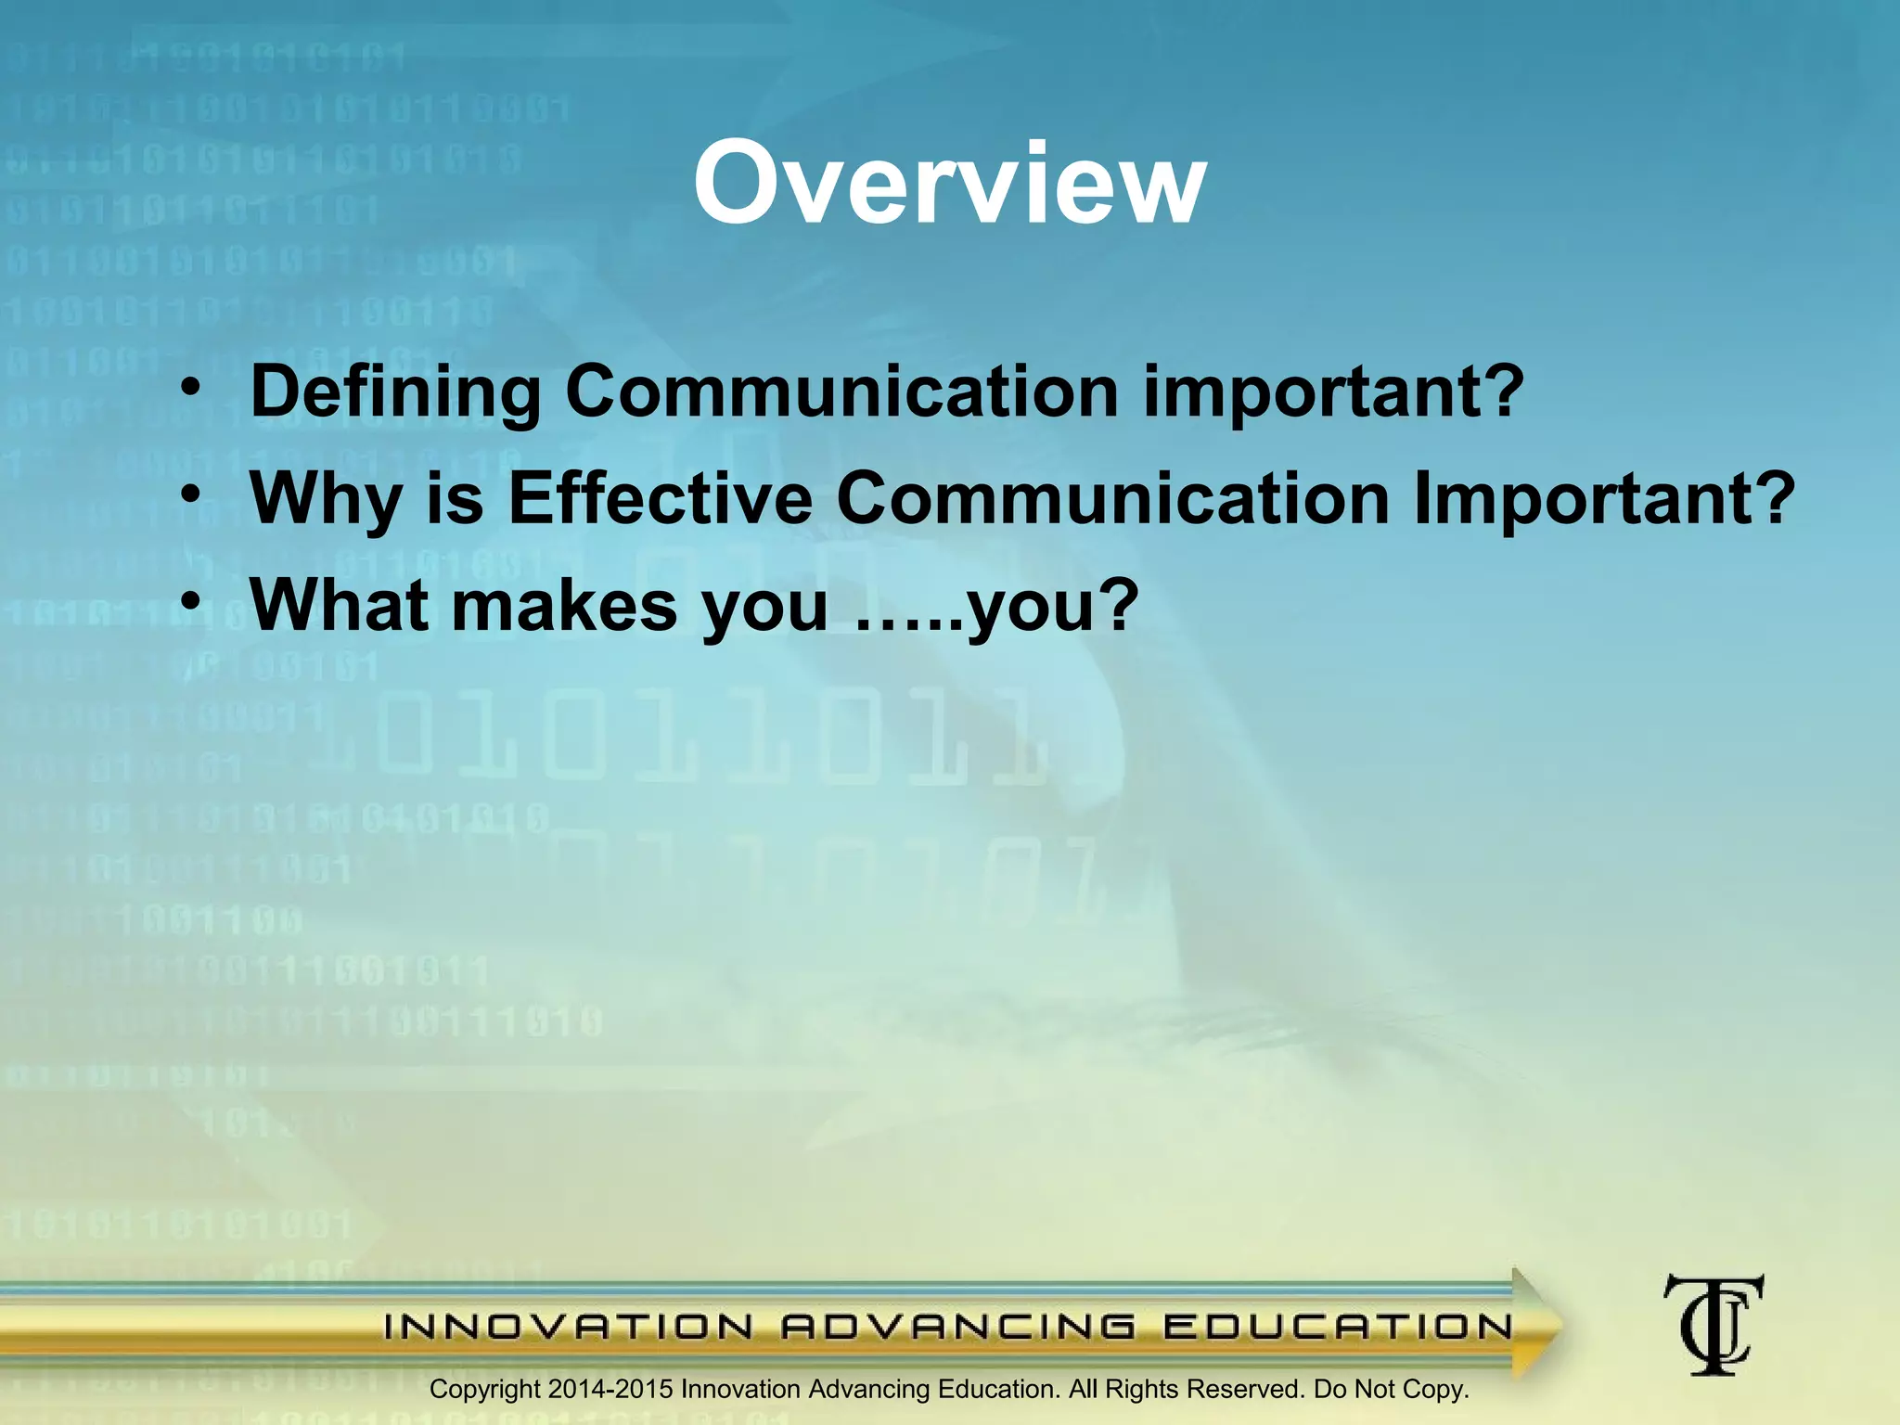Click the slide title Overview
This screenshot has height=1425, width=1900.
pyautogui.click(x=949, y=184)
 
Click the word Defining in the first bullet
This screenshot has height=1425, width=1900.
pyautogui.click(x=395, y=392)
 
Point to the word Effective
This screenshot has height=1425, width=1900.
pyautogui.click(x=660, y=499)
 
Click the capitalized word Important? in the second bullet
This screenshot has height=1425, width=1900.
pyautogui.click(x=1604, y=499)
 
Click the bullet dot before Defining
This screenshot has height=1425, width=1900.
pyautogui.click(x=190, y=388)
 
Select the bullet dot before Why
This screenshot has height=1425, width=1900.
pyautogui.click(x=190, y=494)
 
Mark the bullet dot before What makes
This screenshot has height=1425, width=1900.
pyautogui.click(x=190, y=601)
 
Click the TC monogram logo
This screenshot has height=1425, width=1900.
pyautogui.click(x=1714, y=1324)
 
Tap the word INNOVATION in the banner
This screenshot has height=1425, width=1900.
pyautogui.click(x=569, y=1328)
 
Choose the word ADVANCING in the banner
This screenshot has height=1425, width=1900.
pyautogui.click(x=958, y=1328)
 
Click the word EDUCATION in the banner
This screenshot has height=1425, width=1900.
pyautogui.click(x=1338, y=1328)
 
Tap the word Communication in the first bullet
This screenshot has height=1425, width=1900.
pyautogui.click(x=841, y=392)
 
